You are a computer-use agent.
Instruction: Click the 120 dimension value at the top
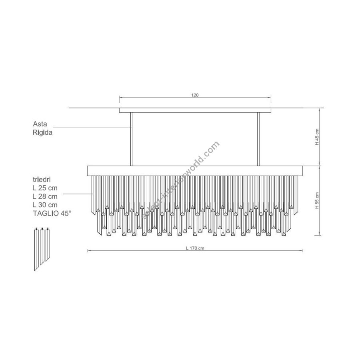195,95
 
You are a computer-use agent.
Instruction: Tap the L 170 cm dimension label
195,248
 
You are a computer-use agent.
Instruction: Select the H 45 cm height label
317,137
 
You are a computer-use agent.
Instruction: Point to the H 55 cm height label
317,200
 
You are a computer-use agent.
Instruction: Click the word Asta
40,124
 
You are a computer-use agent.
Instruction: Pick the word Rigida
42,132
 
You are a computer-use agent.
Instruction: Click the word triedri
42,179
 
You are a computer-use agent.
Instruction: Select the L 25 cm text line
45,188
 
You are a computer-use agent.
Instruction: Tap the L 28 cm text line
45,196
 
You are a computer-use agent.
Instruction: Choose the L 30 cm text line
45,205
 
